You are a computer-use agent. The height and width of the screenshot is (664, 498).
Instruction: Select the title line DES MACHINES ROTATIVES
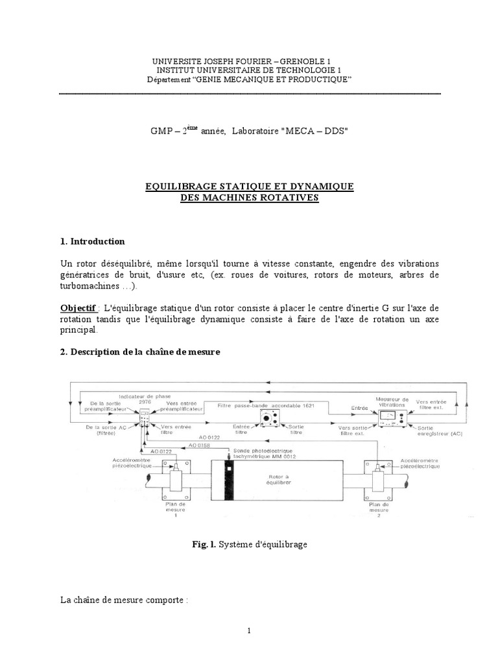pos(250,198)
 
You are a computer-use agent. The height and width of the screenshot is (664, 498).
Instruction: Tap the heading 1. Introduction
pos(92,241)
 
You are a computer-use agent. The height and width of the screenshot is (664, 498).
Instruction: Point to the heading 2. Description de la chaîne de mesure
pos(140,352)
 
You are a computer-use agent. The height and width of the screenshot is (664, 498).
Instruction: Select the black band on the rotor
pos(228,482)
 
